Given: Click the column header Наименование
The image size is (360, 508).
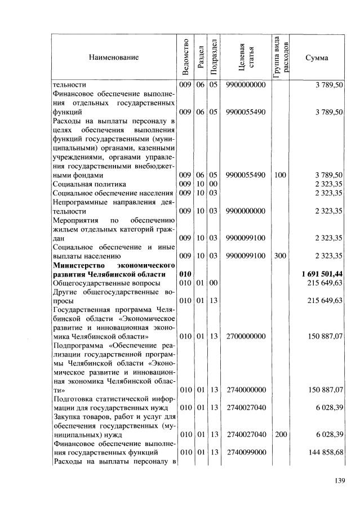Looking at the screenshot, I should tap(113, 57).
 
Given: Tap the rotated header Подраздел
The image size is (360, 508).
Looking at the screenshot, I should tap(214, 57).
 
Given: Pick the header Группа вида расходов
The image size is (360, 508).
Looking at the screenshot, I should tap(281, 57).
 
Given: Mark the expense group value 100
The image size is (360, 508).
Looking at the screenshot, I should tap(280, 175).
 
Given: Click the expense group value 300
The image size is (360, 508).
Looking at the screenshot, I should tap(280, 256).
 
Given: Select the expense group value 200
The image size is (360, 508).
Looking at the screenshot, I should tap(280, 435).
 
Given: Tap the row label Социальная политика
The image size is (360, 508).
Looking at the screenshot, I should tap(89, 184).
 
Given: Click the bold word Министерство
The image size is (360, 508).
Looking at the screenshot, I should tap(78, 264).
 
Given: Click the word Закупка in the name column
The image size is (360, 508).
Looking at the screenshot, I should tap(66, 417).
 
